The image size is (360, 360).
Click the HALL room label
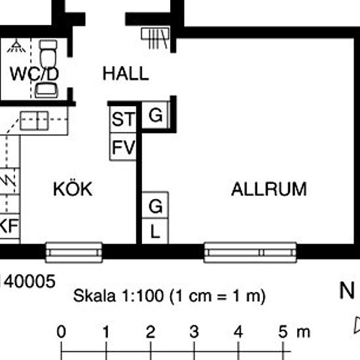[126, 73]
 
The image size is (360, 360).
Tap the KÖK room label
[73, 189]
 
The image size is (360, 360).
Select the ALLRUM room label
[269, 189]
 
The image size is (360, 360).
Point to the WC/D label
[34, 74]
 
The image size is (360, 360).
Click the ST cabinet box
[123, 119]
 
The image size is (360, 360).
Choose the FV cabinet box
[123, 147]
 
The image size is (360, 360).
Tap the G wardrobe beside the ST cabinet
[155, 115]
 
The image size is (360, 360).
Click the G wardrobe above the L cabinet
[155, 205]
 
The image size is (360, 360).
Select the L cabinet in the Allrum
[155, 231]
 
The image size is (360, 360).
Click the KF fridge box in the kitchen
[10, 226]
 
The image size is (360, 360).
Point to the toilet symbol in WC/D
[48, 54]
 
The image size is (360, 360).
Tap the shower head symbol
[16, 46]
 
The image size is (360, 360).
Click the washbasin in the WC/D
[46, 90]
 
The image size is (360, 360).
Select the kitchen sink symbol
[35, 120]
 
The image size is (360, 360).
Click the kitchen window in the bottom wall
[74, 252]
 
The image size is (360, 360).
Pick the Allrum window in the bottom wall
[250, 252]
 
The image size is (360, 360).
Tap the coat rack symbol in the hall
[155, 38]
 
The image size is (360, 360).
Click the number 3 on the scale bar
[194, 332]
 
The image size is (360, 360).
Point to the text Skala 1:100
[119, 295]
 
